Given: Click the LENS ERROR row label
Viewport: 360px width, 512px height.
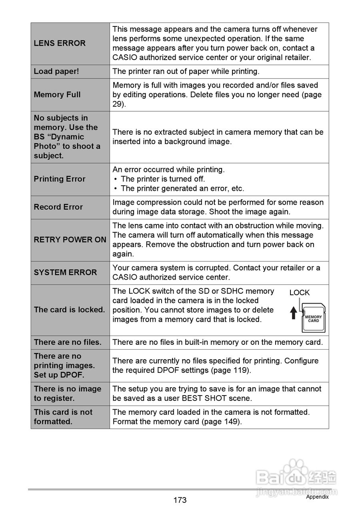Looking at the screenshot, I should (60, 43).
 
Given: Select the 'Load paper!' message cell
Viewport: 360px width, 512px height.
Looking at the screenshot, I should (56, 71).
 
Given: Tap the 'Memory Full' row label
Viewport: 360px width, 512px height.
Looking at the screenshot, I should (57, 95).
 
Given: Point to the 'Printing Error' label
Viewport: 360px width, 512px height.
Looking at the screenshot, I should (60, 179).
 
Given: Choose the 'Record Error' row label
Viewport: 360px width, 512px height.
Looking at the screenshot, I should (58, 207).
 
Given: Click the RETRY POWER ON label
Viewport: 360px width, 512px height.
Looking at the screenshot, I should (70, 240).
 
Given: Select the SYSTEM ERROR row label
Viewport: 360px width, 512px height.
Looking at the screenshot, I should (65, 272).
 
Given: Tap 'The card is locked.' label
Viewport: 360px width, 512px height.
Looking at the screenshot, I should (70, 310).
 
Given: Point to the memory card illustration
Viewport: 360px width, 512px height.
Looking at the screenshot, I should (313, 318).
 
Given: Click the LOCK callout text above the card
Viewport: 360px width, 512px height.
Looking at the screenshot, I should (300, 293).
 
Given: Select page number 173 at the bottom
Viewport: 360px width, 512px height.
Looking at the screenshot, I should (180, 500).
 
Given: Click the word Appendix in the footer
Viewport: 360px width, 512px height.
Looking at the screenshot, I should (317, 497).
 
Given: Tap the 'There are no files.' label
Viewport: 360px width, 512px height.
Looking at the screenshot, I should (68, 342).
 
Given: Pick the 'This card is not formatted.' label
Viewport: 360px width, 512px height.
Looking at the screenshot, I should (63, 417).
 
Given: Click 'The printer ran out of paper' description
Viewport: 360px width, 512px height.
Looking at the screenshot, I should (186, 71).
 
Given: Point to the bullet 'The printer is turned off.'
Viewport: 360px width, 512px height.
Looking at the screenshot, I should (163, 179).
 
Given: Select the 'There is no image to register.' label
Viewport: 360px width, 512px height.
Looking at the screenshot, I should (68, 393).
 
